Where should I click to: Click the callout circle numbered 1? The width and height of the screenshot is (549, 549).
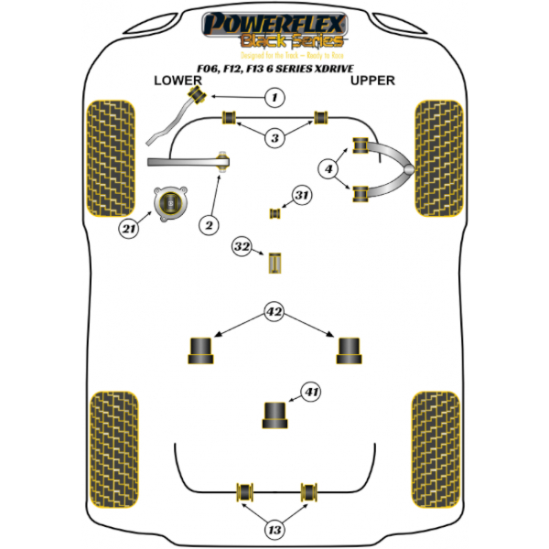tap(273, 97)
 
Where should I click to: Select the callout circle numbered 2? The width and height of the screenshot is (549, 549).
tap(209, 224)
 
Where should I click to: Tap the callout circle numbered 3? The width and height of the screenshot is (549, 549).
tap(274, 137)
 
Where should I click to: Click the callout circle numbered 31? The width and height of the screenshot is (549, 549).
tap(303, 194)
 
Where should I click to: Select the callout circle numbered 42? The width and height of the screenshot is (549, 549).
tap(274, 311)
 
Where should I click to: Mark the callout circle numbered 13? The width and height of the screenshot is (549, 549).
tap(274, 530)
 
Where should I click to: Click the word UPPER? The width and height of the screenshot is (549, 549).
tap(372, 81)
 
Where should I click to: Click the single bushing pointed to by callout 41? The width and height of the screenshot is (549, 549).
tap(274, 414)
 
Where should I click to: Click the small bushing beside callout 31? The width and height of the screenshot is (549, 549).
tap(273, 214)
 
